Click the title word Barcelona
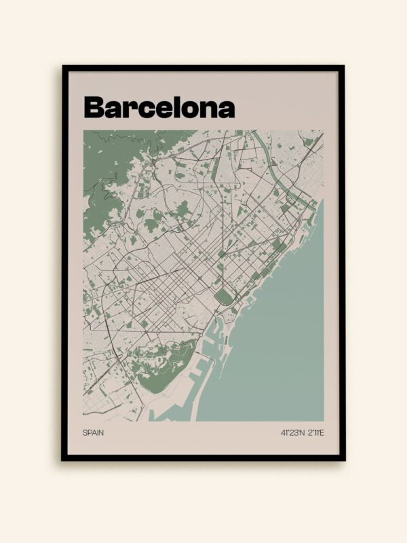coord(159,107)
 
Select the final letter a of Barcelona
coord(227,109)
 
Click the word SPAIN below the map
coord(94,432)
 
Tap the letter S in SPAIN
coord(85,432)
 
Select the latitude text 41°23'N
coord(291,432)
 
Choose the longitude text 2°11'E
coord(315,432)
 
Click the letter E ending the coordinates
coord(322,432)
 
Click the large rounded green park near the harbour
coord(223,297)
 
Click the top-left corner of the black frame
coord(63,67)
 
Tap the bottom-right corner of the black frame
coord(343,460)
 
